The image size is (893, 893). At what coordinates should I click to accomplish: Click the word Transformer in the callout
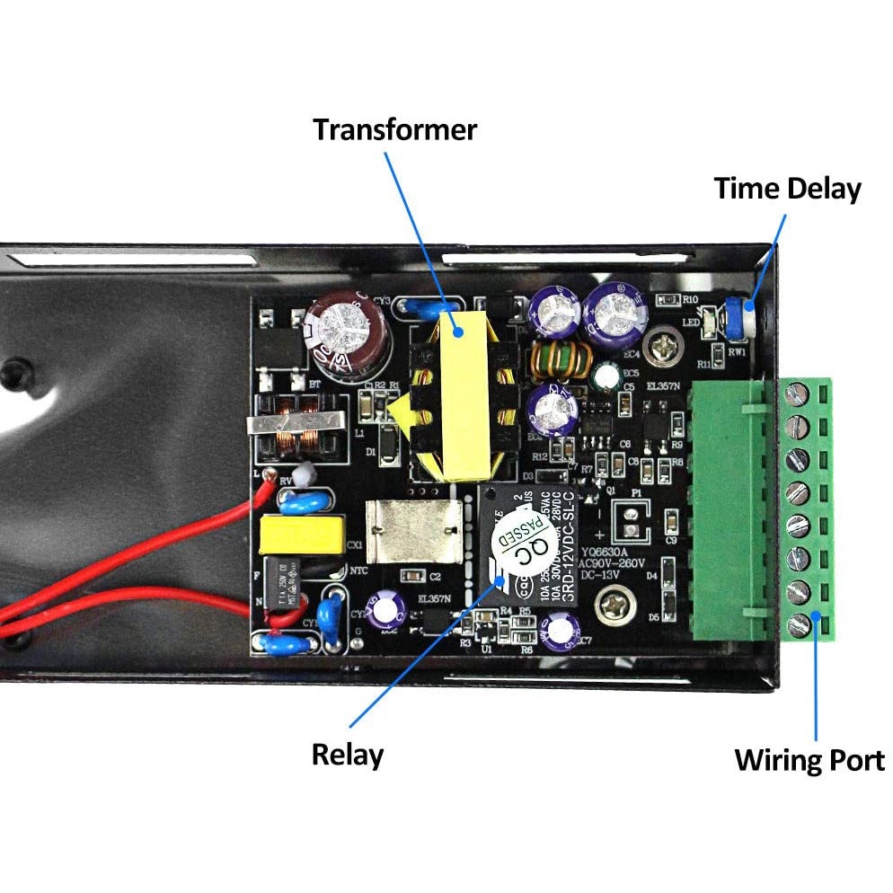click(394, 129)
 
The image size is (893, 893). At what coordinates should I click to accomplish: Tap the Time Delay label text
click(787, 189)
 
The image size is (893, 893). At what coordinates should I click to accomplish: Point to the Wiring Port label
click(809, 760)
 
